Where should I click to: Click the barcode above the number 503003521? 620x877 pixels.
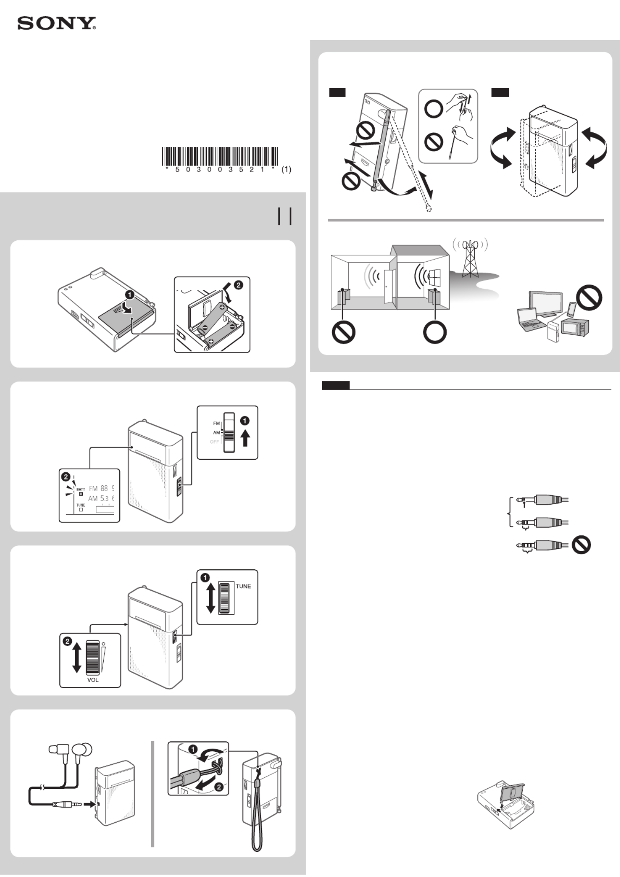(x=220, y=156)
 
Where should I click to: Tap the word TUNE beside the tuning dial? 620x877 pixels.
(x=243, y=586)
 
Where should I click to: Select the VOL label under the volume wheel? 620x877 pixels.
(x=93, y=680)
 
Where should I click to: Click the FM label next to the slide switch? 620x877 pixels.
(x=217, y=423)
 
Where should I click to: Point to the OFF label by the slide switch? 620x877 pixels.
(x=214, y=442)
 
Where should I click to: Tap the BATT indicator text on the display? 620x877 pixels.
(x=81, y=489)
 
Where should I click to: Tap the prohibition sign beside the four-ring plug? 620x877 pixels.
(x=581, y=545)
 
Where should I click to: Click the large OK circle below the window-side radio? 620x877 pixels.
(x=435, y=332)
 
